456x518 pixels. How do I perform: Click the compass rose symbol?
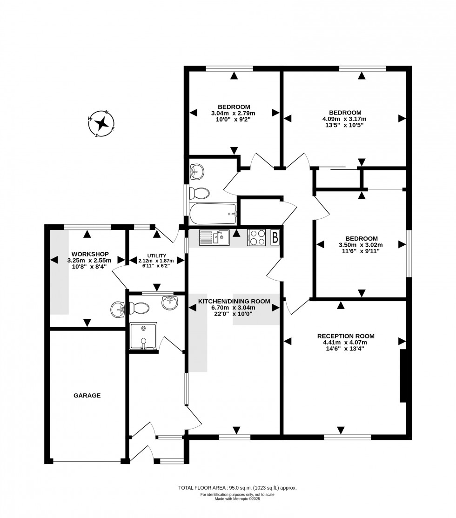101,124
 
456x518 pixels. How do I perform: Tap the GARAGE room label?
87,396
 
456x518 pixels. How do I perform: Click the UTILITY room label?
156,256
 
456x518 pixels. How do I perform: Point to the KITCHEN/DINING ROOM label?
234,301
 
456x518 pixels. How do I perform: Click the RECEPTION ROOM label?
345,336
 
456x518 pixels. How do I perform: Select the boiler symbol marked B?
275,238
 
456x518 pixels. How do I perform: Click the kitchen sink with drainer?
214,238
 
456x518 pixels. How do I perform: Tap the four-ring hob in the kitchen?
256,238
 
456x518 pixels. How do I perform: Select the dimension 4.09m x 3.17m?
345,119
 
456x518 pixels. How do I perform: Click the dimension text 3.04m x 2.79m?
233,113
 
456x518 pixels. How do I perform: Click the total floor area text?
237,488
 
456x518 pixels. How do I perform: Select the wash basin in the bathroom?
197,172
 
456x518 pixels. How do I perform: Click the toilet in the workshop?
139,308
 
